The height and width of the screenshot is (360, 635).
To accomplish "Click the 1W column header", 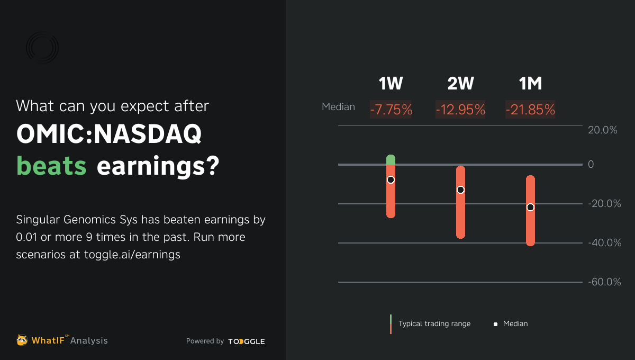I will coord(391,84).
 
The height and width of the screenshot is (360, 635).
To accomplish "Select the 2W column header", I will coord(460,84).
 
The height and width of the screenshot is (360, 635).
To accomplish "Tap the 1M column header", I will coord(530,84).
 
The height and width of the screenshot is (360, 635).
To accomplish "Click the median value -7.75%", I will coord(391,110).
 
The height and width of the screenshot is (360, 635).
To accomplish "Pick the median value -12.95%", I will coord(460,110).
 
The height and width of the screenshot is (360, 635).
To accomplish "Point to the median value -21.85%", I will coord(530,110).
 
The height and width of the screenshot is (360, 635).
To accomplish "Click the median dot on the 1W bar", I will coord(391,180).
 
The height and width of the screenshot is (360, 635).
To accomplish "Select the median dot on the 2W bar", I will coord(460,190).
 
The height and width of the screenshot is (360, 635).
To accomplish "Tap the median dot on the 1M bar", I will coord(530,208).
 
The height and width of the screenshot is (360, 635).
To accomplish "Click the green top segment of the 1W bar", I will coord(391,159).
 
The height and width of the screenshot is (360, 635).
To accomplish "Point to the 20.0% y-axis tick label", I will coord(603,130).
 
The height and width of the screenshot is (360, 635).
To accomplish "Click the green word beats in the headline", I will coord(52,166).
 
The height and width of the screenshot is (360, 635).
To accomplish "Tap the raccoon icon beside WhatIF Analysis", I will coord(22,340).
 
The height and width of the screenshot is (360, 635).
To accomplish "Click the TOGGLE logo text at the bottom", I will coord(247,341).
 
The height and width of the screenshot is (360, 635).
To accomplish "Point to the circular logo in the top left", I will coord(42,48).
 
